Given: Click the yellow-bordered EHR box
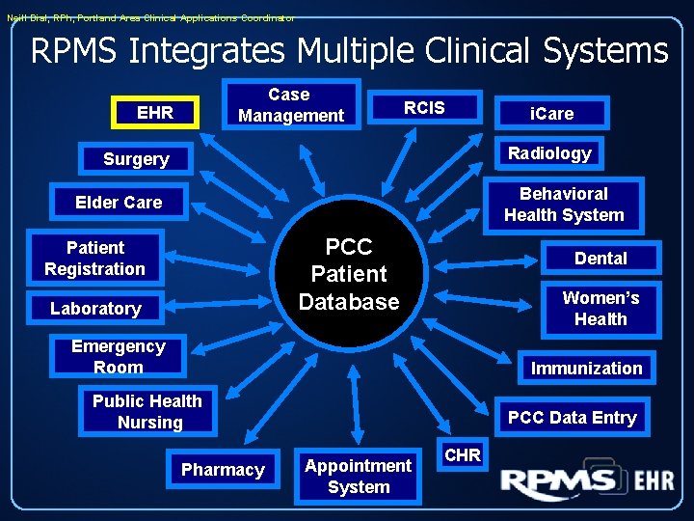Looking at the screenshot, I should coord(155,113).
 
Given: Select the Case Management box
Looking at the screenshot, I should coord(291,105).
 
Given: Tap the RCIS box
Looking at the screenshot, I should coord(424,107).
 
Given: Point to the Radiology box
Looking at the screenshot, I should coord(549,153).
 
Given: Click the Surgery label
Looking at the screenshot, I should coord(136,159).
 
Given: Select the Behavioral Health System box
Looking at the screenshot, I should coord(564,205).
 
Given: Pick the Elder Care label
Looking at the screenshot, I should coord(119,203).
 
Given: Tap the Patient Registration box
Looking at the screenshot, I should coord(94,259).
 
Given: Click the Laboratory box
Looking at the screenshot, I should coord(95,309).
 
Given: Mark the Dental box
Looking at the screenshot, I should coord(601,259).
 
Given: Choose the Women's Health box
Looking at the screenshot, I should coord(601,309).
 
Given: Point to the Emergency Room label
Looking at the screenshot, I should coord(119,357).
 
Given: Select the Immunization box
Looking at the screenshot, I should coord(586,369).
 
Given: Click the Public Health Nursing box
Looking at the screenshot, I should coord(147,412).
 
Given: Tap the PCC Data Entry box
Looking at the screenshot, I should coord(572,418).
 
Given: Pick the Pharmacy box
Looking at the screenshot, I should coord(223,470).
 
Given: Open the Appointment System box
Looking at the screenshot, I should coord(358,477).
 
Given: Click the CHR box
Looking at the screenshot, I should coord(464,455).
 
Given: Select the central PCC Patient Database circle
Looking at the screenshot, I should coord(349,274).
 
